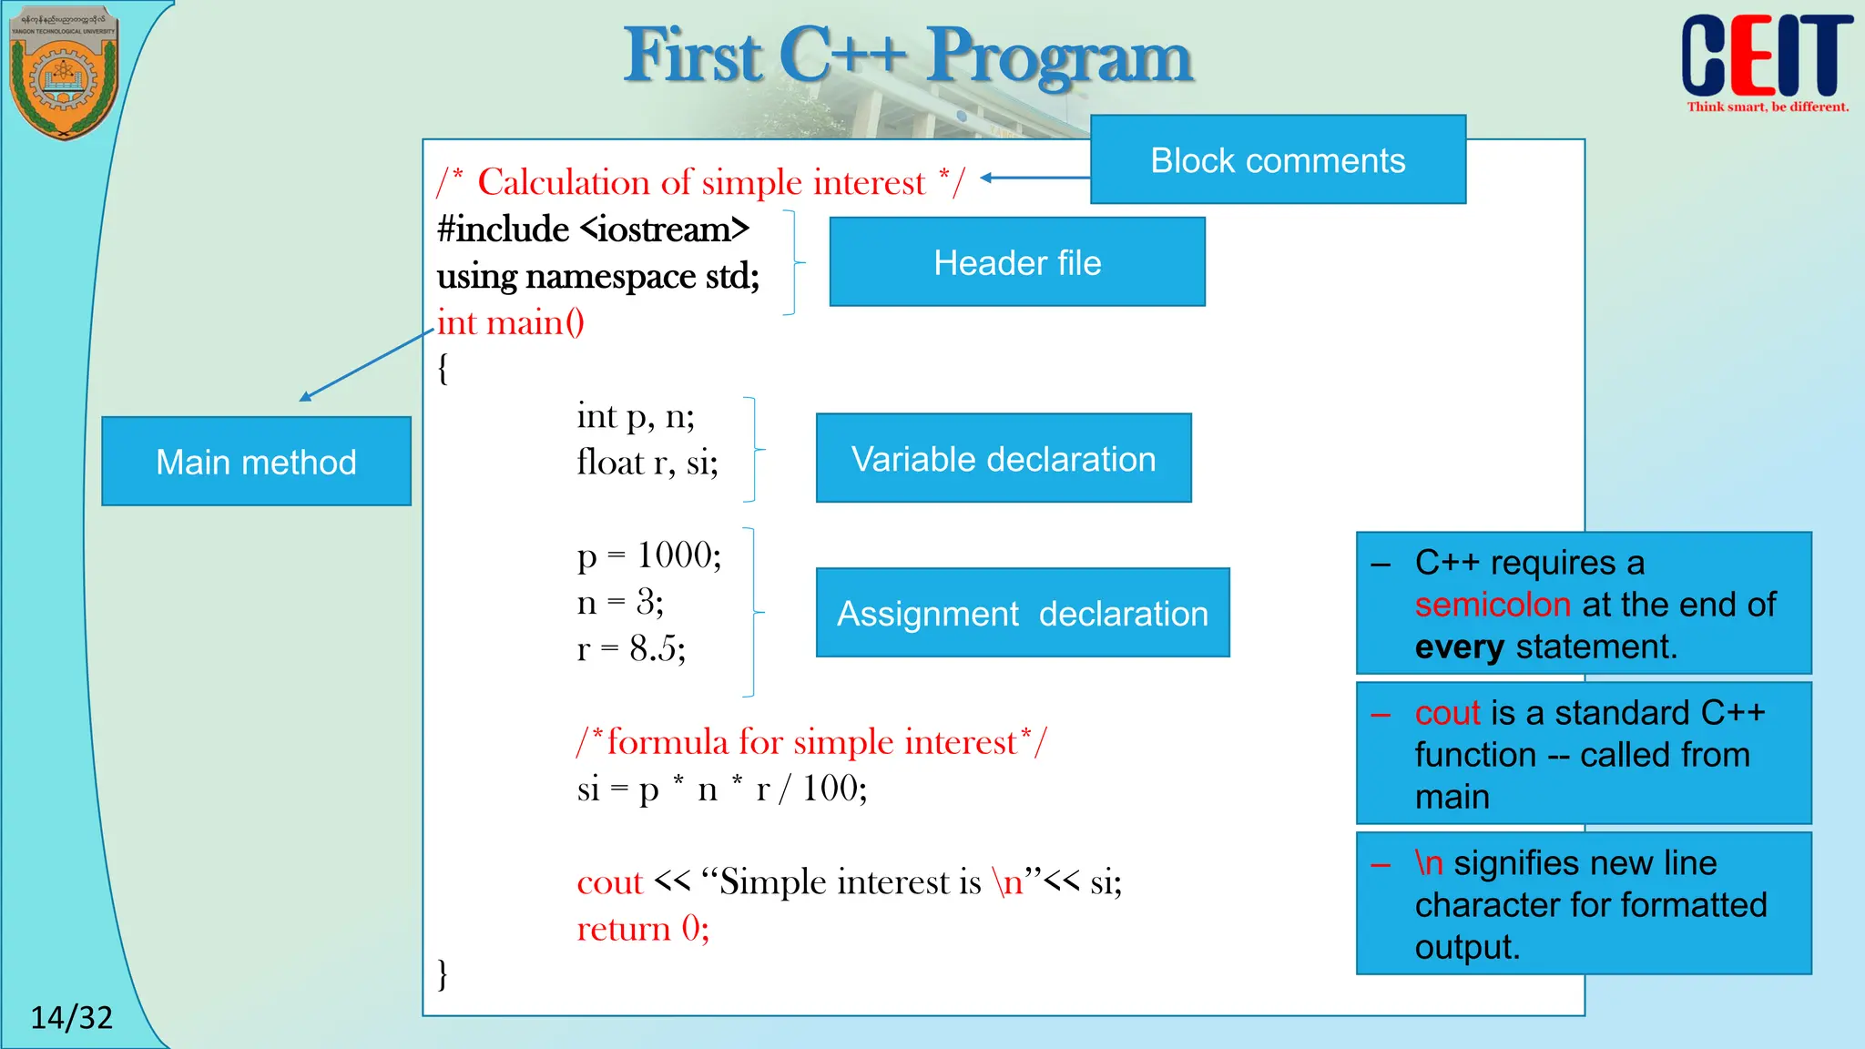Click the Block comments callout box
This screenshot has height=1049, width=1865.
pyautogui.click(x=1278, y=159)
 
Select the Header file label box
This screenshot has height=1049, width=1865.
pyautogui.click(x=1017, y=262)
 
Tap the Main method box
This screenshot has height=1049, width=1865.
pyautogui.click(x=256, y=462)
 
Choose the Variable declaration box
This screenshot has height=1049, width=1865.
pyautogui.click(x=1004, y=458)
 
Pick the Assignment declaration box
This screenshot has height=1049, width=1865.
pyautogui.click(x=1023, y=613)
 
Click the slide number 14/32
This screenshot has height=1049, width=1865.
pyautogui.click(x=72, y=1016)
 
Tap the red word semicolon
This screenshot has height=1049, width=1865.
pyautogui.click(x=1493, y=605)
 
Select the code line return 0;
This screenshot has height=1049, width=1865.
pyautogui.click(x=643, y=929)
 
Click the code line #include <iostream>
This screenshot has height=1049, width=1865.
pyautogui.click(x=593, y=229)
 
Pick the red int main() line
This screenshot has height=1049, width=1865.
pyautogui.click(x=511, y=322)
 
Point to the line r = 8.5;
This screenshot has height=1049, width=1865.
pyautogui.click(x=631, y=648)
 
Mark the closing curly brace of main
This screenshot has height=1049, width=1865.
pyautogui.click(x=443, y=973)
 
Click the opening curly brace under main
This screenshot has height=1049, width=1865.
pyautogui.click(x=443, y=369)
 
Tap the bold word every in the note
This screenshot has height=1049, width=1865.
pyautogui.click(x=1459, y=647)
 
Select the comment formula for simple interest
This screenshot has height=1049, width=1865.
pyautogui.click(x=811, y=742)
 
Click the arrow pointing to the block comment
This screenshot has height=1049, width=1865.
pyautogui.click(x=1034, y=178)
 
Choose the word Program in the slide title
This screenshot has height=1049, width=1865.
pyautogui.click(x=1060, y=56)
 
